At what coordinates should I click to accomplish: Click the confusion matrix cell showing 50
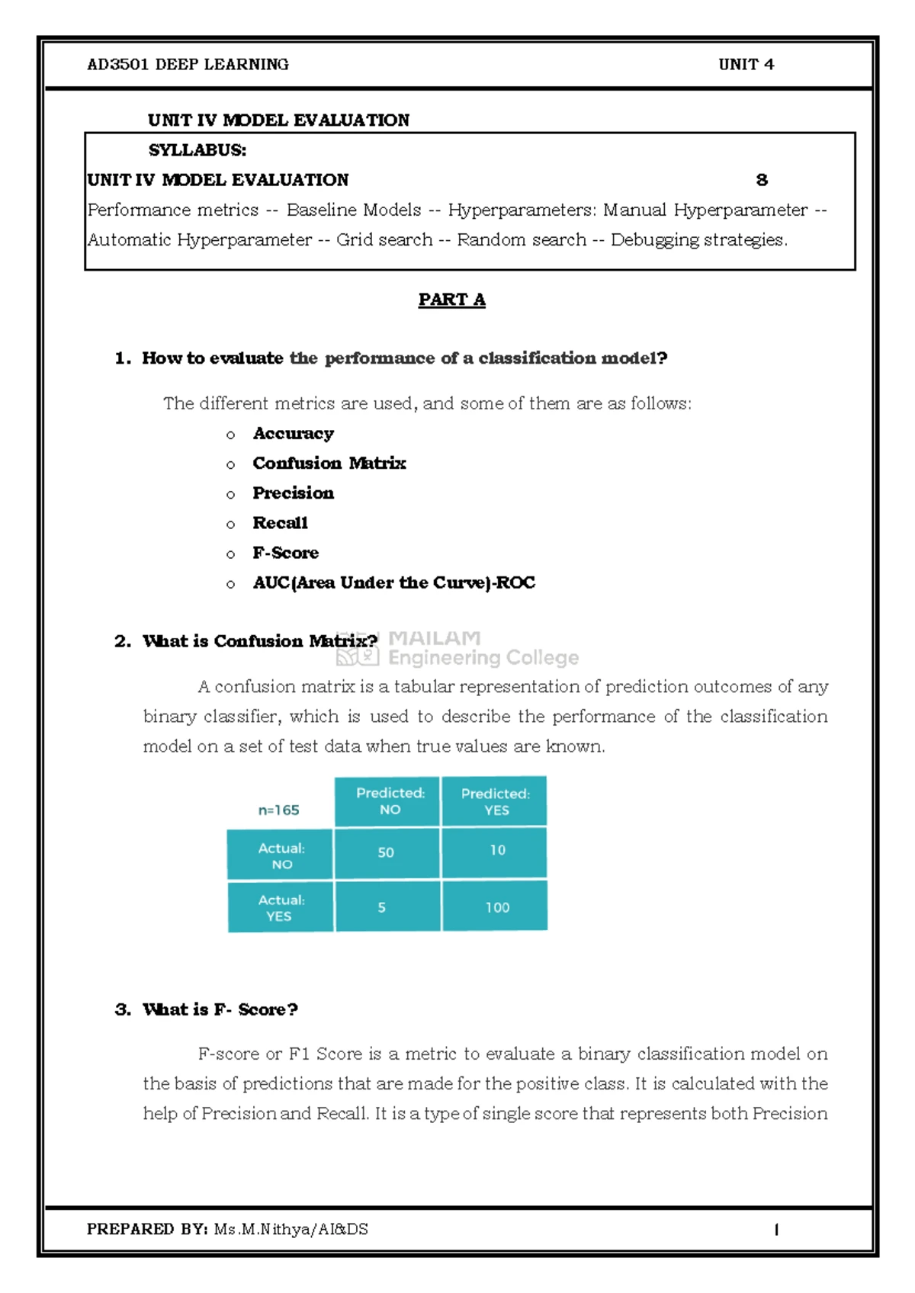[387, 852]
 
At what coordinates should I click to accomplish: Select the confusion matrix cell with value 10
[497, 851]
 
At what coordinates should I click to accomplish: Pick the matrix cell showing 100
[497, 907]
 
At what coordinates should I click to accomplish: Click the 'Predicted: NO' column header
[390, 801]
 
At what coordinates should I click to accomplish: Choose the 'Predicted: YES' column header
[496, 801]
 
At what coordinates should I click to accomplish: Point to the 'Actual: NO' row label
[281, 855]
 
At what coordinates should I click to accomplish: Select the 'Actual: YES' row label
[281, 907]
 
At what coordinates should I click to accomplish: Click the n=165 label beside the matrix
[278, 810]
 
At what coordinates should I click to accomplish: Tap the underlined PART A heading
[451, 300]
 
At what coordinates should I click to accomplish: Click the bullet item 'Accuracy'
[293, 434]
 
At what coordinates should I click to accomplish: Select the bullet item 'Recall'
[280, 523]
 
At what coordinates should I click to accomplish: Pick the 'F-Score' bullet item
[285, 553]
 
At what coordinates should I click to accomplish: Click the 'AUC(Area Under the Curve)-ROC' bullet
[393, 582]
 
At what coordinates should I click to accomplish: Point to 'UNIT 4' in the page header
[746, 65]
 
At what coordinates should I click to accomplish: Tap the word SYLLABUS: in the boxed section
[197, 150]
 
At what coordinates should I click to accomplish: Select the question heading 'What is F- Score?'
[220, 1009]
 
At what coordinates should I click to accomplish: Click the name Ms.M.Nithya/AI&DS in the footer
[291, 1229]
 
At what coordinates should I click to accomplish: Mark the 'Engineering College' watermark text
[483, 657]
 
